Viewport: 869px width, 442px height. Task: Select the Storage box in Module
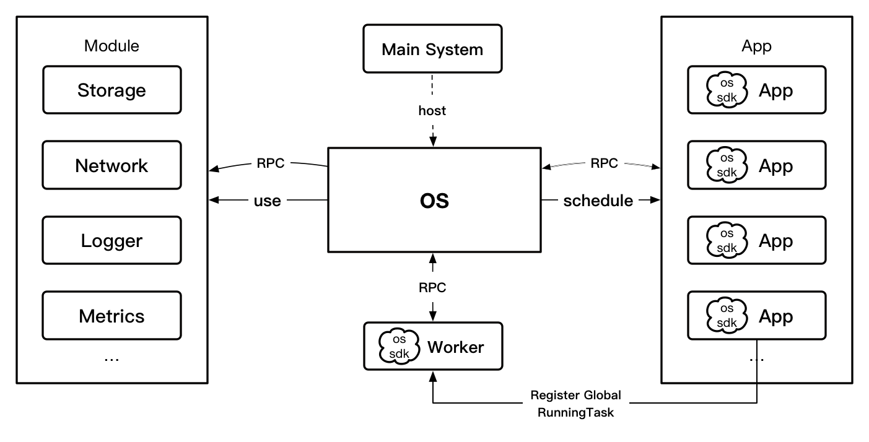pyautogui.click(x=112, y=90)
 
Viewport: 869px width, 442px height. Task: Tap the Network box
pyautogui.click(x=112, y=165)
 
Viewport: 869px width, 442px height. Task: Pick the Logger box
pyautogui.click(x=112, y=241)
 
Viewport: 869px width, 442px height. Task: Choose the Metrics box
pyautogui.click(x=112, y=316)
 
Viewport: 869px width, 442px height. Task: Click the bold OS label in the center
pyautogui.click(x=434, y=201)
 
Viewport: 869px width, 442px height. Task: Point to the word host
pyautogui.click(x=432, y=111)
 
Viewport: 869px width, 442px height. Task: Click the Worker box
pyautogui.click(x=432, y=346)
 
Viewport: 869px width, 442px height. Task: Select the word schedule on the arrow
pyautogui.click(x=598, y=201)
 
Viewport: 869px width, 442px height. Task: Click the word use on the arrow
pyautogui.click(x=267, y=201)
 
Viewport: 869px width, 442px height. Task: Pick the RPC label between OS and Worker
pyautogui.click(x=432, y=287)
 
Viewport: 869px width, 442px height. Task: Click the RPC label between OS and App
pyautogui.click(x=604, y=163)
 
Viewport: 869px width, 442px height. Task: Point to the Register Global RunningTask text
pyautogui.click(x=575, y=404)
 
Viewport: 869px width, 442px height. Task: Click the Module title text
pyautogui.click(x=112, y=46)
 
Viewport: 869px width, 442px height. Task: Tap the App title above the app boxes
pyautogui.click(x=756, y=46)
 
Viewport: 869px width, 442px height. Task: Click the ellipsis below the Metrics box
pyautogui.click(x=112, y=357)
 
